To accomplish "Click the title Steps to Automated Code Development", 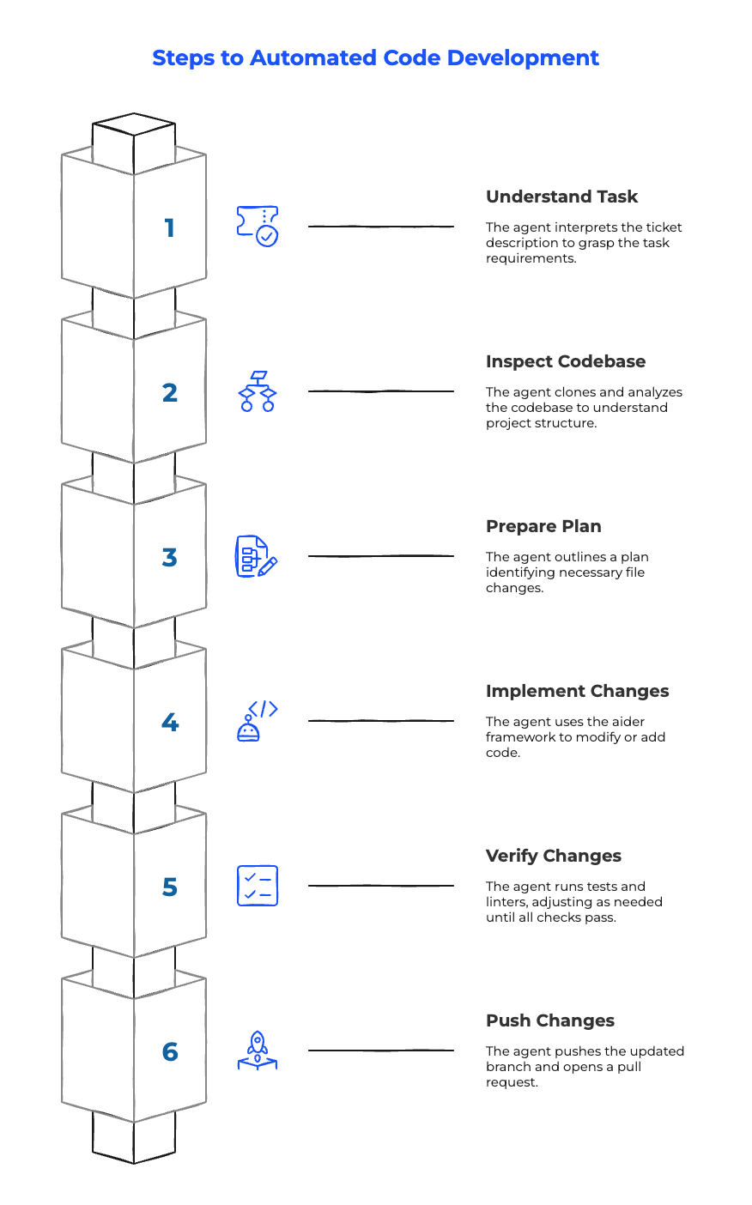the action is tap(375, 58).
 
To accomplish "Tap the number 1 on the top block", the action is tap(169, 227).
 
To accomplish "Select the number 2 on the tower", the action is tap(170, 393).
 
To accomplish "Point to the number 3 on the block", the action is tap(170, 557).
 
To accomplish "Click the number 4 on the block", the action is tap(170, 722).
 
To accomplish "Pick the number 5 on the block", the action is tap(170, 887).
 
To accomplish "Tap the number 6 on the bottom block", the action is tap(170, 1051).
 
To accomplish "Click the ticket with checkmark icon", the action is tap(258, 227).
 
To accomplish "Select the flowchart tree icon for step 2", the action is tap(258, 391).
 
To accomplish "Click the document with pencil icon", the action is tap(257, 556).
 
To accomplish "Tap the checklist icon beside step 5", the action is tap(258, 886).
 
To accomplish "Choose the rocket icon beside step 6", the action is tap(258, 1051).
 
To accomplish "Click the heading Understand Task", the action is tap(561, 197).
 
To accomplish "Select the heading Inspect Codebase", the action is tap(566, 361).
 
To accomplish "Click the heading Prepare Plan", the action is tap(543, 526).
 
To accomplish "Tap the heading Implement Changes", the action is tap(577, 691).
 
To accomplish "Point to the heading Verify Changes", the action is tap(554, 856).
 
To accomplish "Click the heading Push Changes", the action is tap(549, 1020).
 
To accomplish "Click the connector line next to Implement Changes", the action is tap(381, 721).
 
